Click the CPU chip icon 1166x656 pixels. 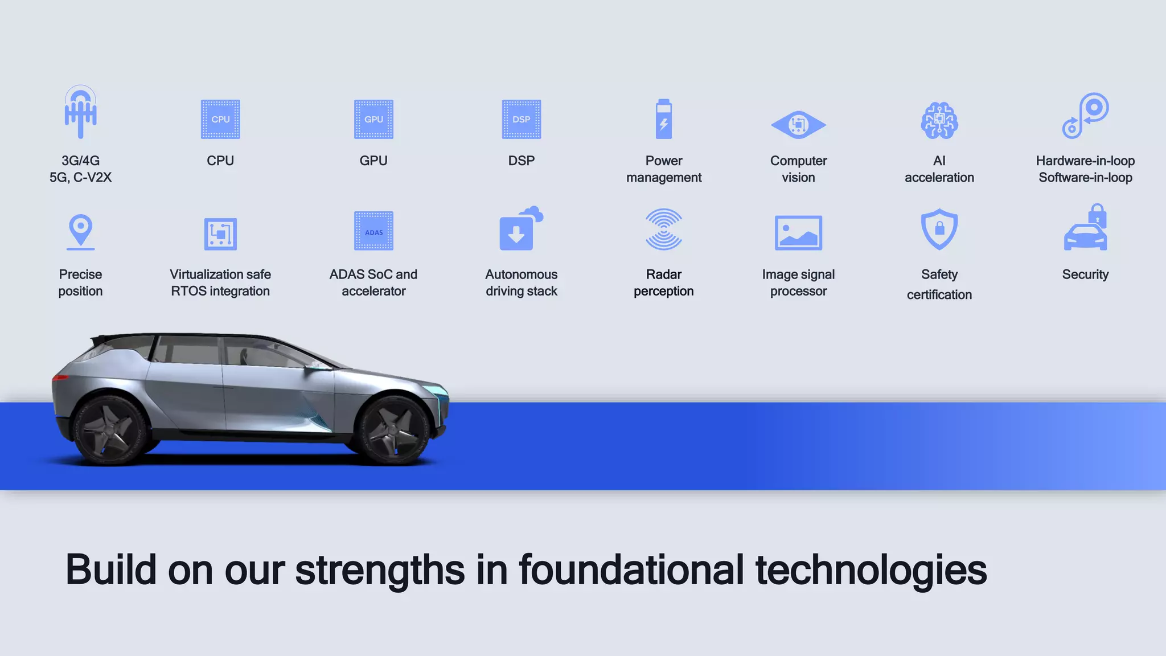(x=220, y=119)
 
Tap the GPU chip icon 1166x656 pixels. (x=373, y=119)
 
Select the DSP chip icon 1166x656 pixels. (x=521, y=119)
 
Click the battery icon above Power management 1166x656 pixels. (x=664, y=119)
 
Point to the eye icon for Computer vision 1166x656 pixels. (x=798, y=125)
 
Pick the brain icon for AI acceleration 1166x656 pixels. (x=939, y=120)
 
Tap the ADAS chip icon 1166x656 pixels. (x=373, y=231)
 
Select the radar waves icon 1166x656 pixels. (x=664, y=229)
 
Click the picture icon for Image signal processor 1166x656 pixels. (x=798, y=232)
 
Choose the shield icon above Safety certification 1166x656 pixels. (x=939, y=229)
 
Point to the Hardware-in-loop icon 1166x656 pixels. (x=1085, y=116)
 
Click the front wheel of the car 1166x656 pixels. (x=393, y=430)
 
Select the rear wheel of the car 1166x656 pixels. (x=112, y=430)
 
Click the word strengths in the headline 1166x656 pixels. (x=380, y=569)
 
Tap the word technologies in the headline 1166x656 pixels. (x=871, y=569)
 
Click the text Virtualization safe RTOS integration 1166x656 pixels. (x=220, y=282)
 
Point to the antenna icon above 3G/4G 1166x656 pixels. (x=80, y=112)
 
